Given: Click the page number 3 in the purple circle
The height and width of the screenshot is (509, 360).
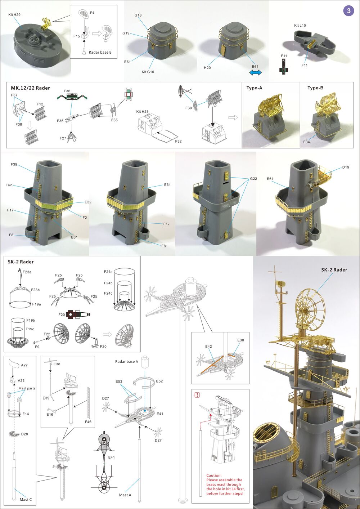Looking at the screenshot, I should (348, 11).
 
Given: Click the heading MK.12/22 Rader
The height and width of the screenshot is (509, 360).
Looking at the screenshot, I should (30, 88).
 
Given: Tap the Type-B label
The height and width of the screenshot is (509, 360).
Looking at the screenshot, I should (315, 88).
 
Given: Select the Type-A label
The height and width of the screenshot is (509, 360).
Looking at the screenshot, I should (255, 88).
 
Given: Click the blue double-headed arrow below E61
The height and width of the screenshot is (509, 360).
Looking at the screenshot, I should (256, 73).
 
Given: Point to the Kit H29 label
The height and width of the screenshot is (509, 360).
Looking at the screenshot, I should (14, 15).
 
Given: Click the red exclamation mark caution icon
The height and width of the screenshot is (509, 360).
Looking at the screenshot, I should (197, 395).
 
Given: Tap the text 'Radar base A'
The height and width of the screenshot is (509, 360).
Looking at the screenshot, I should (126, 361).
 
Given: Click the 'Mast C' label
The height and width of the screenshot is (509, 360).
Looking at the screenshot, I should (26, 499).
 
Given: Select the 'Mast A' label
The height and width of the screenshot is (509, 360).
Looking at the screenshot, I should (125, 495).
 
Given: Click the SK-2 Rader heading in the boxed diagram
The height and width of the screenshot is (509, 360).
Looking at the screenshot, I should (21, 262).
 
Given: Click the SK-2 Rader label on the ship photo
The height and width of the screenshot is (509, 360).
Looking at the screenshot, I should (334, 270).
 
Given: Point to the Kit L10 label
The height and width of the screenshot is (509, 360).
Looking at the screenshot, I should (300, 26).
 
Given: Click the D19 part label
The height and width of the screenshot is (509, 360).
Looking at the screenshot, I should (346, 167).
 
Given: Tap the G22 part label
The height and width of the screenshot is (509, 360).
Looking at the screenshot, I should (253, 179).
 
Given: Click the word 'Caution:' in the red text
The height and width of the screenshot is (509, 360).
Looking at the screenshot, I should (214, 475).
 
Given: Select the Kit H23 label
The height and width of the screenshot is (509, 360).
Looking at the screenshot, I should (142, 112).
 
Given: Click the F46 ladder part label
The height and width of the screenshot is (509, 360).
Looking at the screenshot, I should (88, 421).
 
